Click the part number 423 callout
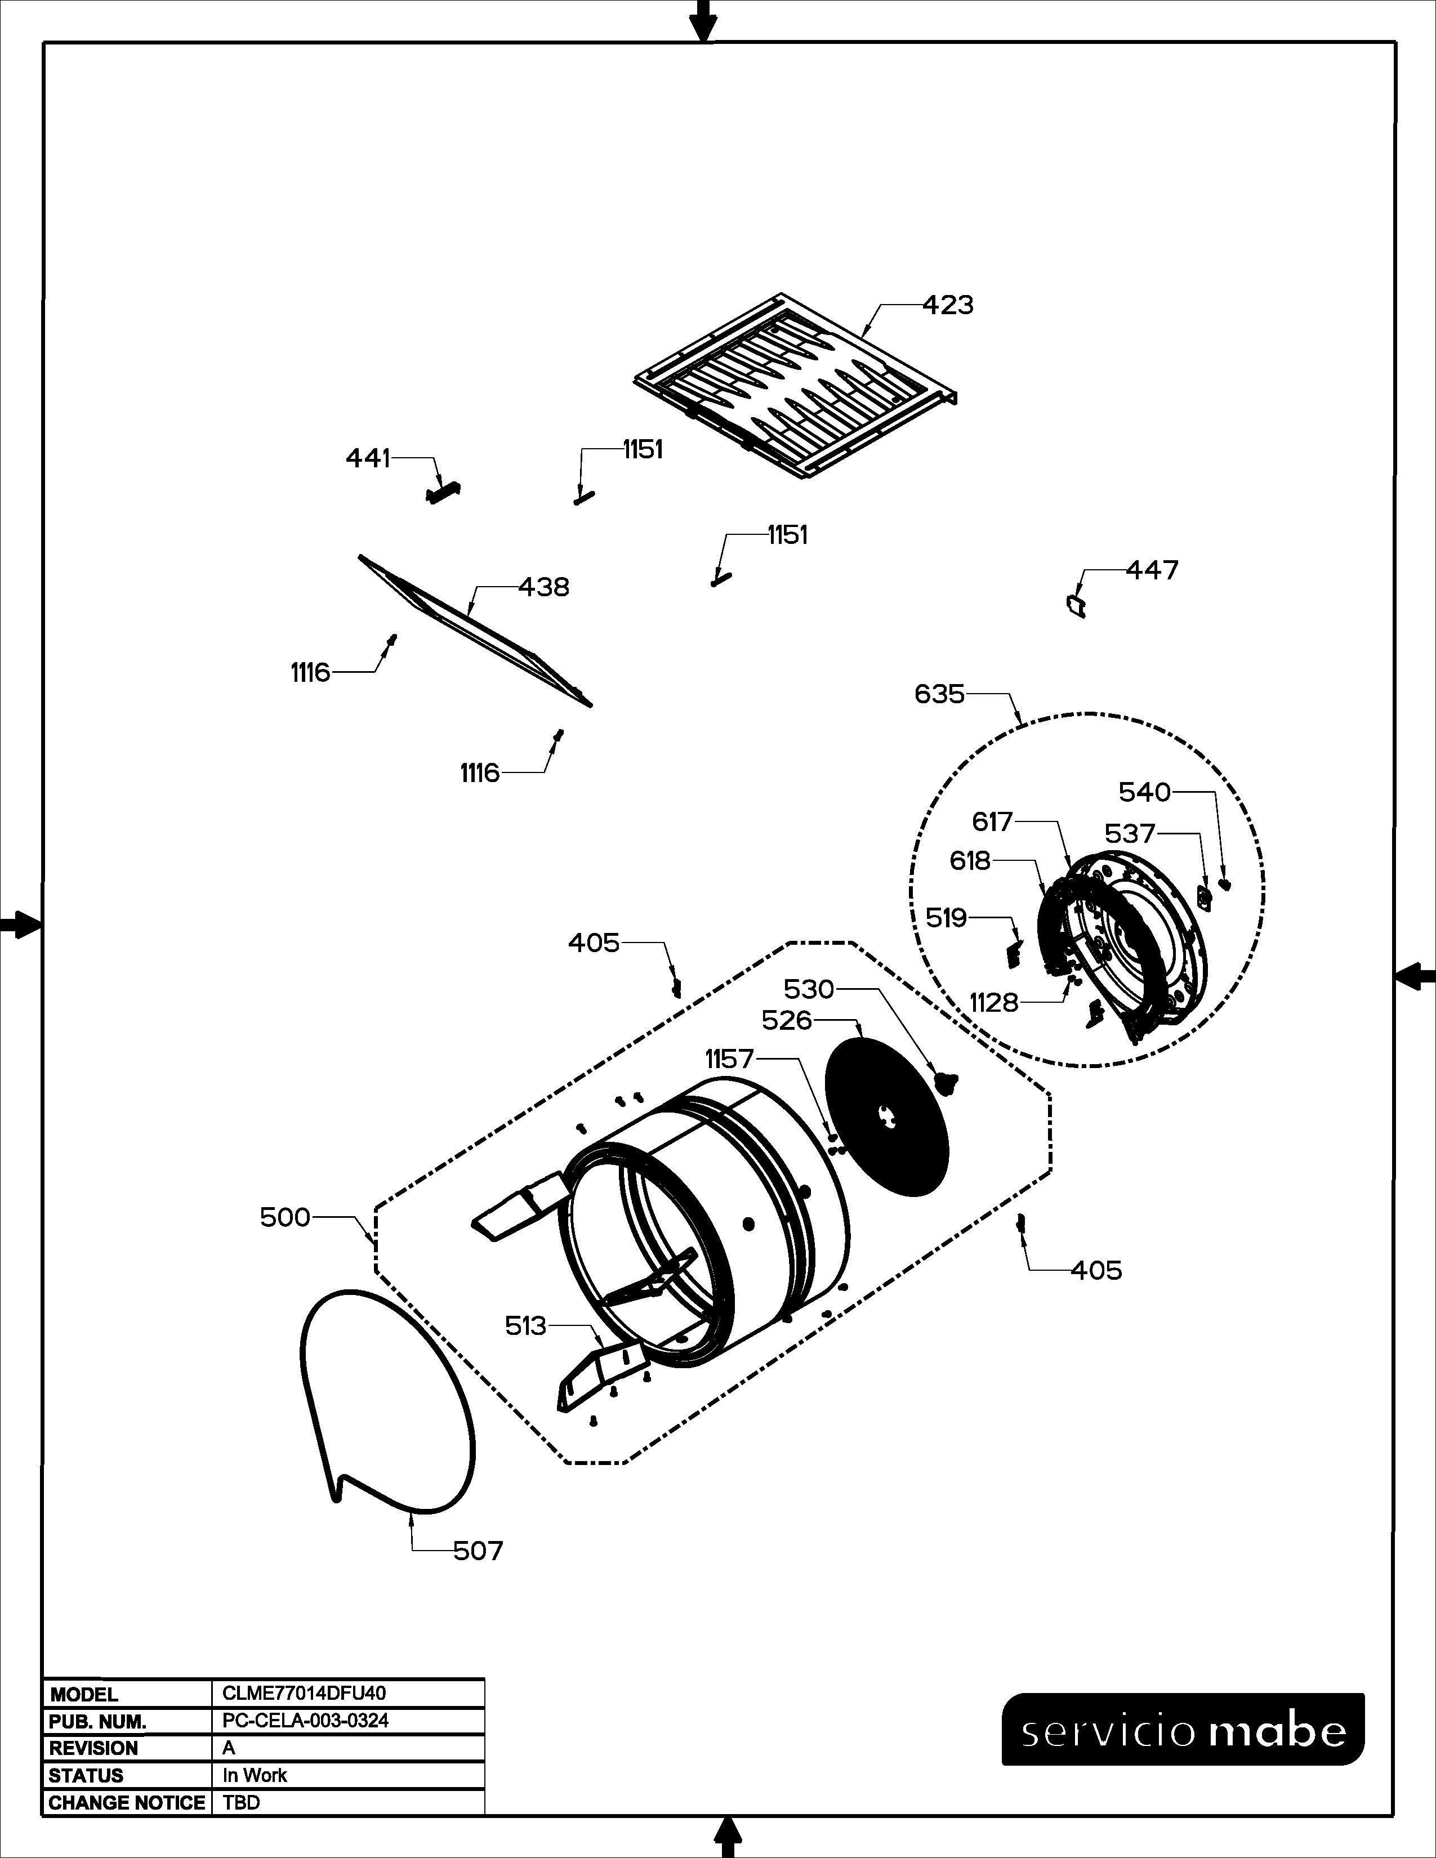pyautogui.click(x=948, y=305)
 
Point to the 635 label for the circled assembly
pyautogui.click(x=939, y=694)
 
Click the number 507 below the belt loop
pyautogui.click(x=478, y=1551)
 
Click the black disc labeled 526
pyautogui.click(x=888, y=1114)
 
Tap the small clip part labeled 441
pyautogui.click(x=443, y=493)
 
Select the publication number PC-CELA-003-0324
pyautogui.click(x=305, y=1720)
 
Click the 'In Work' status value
pyautogui.click(x=255, y=1775)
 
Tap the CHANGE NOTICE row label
pyautogui.click(x=127, y=1803)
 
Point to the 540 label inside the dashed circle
pyautogui.click(x=1144, y=793)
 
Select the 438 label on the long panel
pyautogui.click(x=543, y=587)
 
